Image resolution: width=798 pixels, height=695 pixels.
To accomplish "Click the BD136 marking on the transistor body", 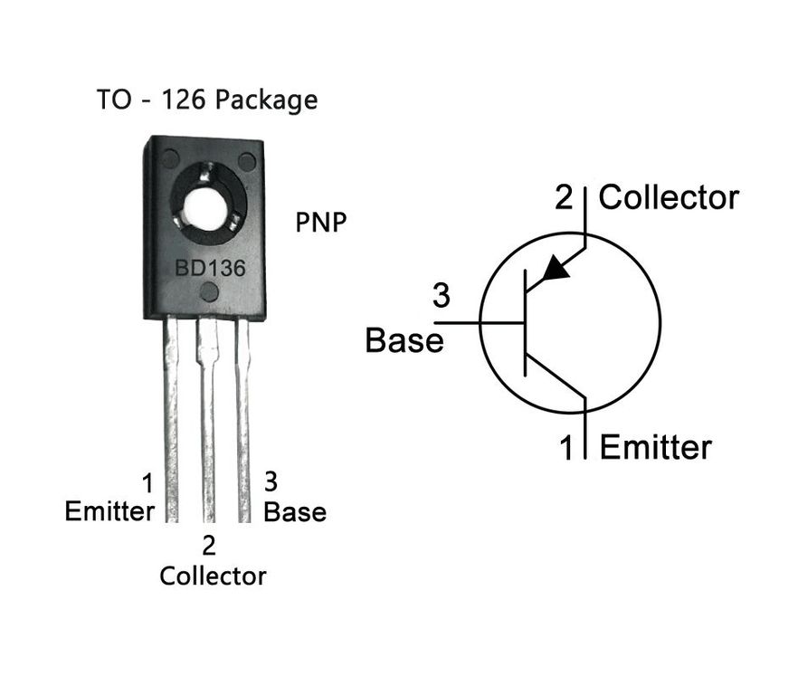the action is click(x=210, y=268).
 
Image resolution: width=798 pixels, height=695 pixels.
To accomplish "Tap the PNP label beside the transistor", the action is click(x=321, y=222).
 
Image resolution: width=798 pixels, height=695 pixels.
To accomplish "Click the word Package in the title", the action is click(x=266, y=100).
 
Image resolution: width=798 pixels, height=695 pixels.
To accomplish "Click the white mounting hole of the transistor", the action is click(x=206, y=208).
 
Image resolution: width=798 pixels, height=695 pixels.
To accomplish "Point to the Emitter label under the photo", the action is click(x=109, y=511).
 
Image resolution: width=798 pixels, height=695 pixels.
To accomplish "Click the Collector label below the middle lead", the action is click(x=213, y=576).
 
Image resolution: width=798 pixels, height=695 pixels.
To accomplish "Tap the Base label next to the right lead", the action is click(x=295, y=512).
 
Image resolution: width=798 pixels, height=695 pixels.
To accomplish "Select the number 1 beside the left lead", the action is click(x=147, y=483).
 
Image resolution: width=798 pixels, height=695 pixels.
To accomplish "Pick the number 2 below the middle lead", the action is click(x=209, y=546).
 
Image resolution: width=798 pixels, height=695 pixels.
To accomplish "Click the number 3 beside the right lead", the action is click(x=271, y=481).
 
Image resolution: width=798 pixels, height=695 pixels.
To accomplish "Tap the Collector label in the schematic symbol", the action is click(x=669, y=197).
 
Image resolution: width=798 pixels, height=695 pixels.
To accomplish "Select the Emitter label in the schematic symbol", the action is click(x=655, y=448).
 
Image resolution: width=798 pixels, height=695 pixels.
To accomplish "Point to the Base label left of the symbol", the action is click(x=404, y=340).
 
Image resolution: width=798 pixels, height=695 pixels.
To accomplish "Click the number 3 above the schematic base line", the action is click(x=442, y=295).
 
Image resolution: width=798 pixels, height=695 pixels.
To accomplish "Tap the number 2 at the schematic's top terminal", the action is click(x=564, y=197).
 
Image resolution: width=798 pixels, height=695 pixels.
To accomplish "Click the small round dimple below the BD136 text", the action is click(x=209, y=292).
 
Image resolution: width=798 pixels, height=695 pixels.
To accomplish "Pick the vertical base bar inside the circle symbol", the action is click(x=525, y=323).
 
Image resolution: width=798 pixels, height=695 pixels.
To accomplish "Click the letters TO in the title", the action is click(x=114, y=100).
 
